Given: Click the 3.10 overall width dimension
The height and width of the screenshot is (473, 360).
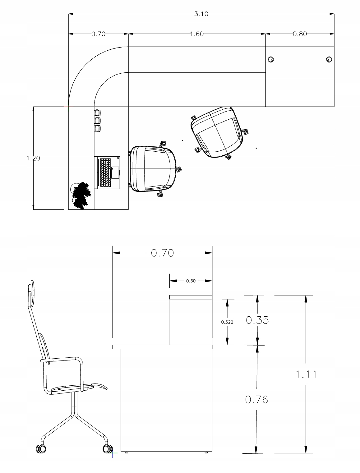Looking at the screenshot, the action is click(201, 14).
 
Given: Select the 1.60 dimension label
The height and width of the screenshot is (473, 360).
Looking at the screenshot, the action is click(197, 34).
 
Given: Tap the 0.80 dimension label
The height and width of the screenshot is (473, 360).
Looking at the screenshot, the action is click(300, 34).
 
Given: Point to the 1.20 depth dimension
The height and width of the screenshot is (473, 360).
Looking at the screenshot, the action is click(33, 158).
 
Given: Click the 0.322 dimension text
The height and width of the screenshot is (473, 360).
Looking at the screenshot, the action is click(227, 322).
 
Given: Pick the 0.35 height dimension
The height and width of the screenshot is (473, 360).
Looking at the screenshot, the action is click(257, 320).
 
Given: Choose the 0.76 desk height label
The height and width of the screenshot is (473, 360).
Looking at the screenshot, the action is click(256, 400).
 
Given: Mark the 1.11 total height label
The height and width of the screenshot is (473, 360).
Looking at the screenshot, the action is click(306, 374).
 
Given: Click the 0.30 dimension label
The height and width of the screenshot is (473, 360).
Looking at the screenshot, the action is click(191, 281).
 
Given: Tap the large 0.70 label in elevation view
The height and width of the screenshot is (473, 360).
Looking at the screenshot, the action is click(162, 253).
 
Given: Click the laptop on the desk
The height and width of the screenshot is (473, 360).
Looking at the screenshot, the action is click(107, 172).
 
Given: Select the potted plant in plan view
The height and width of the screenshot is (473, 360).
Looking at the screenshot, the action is click(81, 196).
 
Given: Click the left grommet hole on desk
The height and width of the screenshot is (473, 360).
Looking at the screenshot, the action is click(271, 59).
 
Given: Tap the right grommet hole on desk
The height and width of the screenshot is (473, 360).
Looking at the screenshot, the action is click(329, 59).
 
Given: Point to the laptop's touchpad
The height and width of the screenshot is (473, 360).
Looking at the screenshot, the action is click(115, 172).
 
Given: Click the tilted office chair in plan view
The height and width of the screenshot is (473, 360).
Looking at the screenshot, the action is click(219, 133).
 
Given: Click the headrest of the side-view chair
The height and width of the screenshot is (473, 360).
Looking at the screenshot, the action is click(31, 293).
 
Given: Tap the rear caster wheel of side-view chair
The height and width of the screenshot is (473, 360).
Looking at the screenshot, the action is click(41, 449).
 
